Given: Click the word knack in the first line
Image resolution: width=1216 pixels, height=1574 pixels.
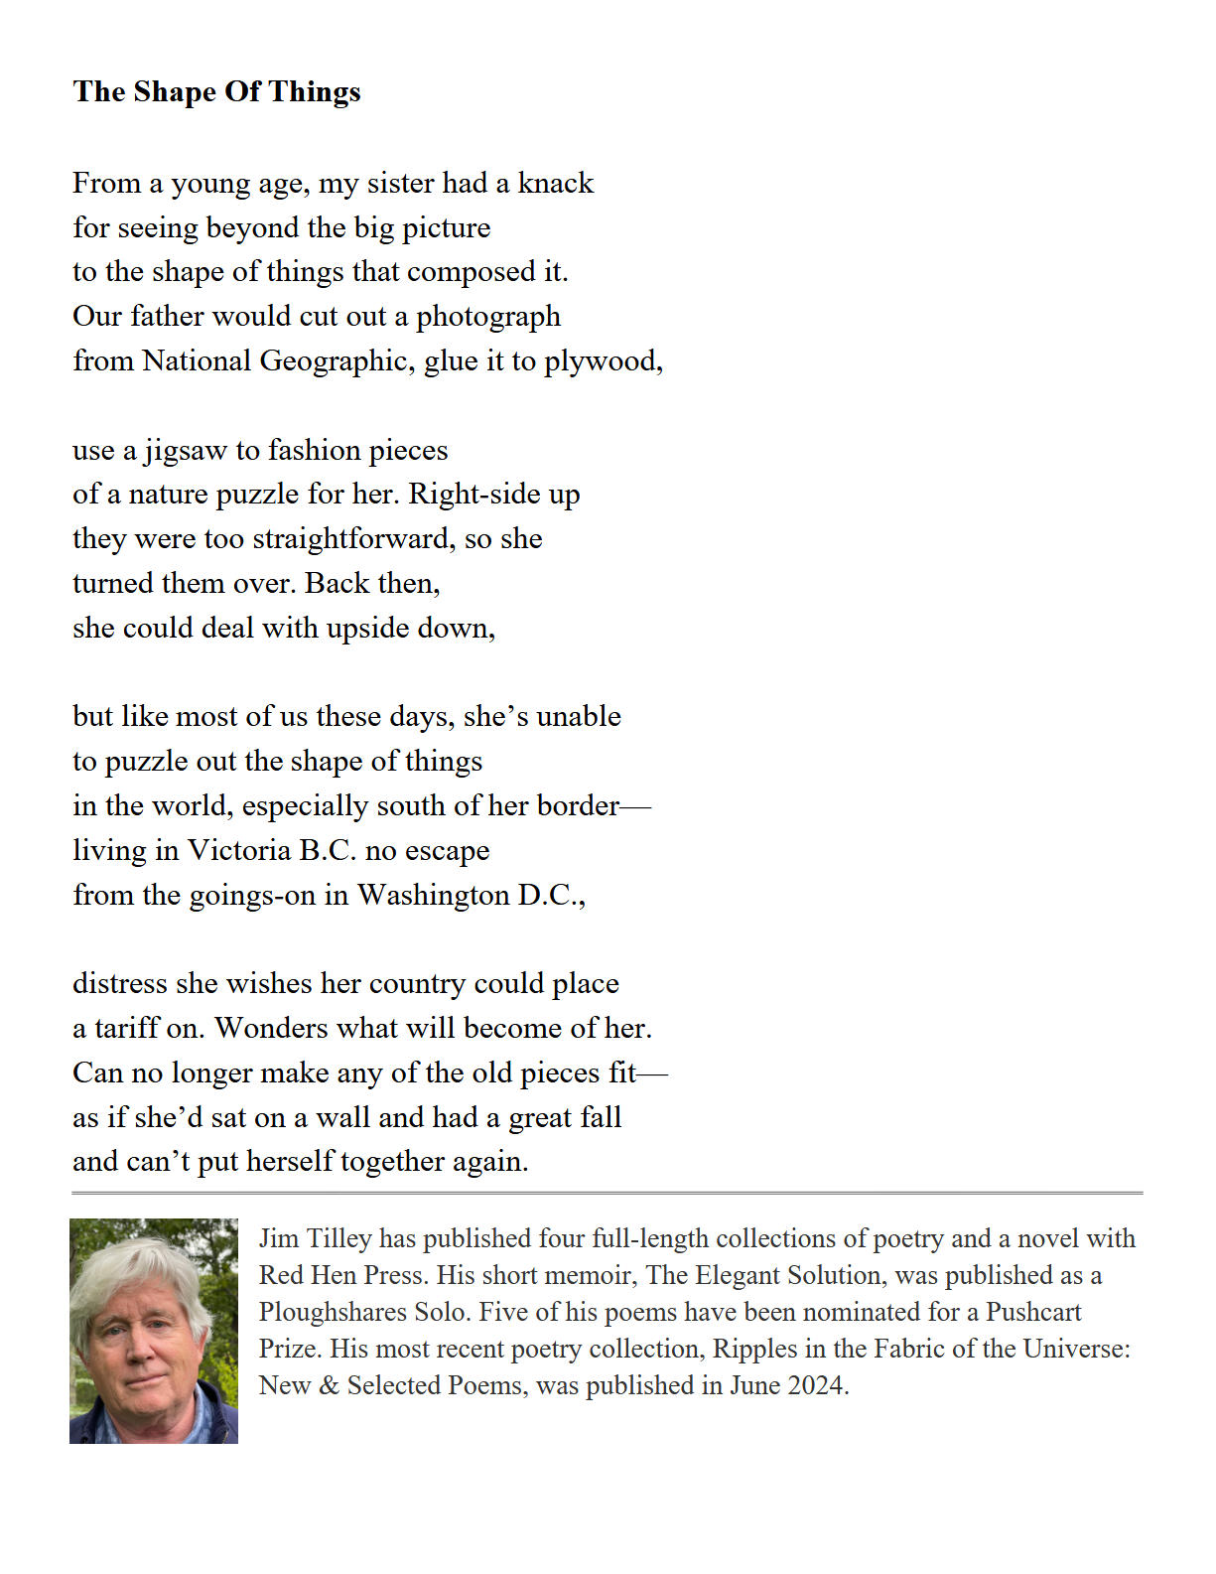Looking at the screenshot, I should click(x=556, y=184).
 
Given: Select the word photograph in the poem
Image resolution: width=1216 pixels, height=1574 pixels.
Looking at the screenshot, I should click(x=488, y=318).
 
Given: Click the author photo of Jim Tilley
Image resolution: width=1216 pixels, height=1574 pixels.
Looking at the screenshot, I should click(x=154, y=1331).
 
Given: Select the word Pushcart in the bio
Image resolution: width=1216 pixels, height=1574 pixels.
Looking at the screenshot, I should click(x=1032, y=1313).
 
